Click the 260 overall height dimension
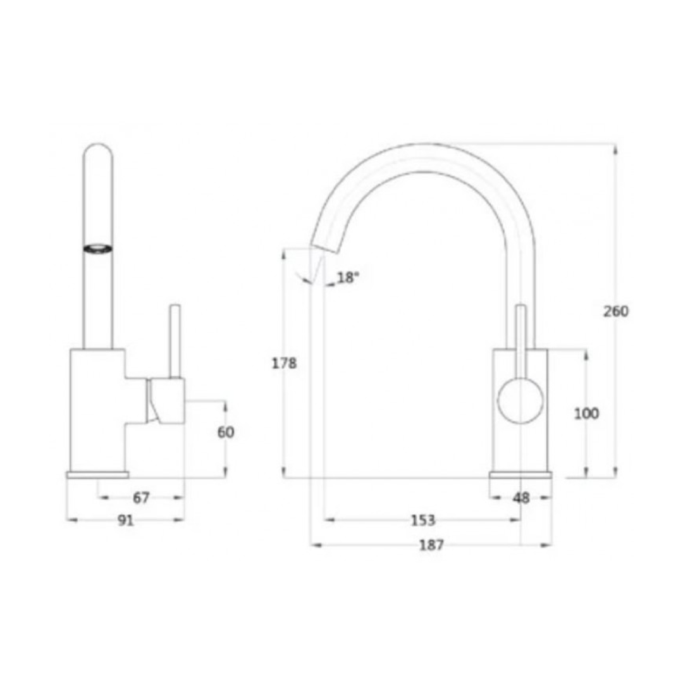click(615, 311)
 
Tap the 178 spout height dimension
click(284, 364)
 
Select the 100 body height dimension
click(586, 414)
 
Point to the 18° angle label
click(348, 278)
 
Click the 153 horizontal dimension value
click(422, 520)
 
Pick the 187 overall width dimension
click(431, 545)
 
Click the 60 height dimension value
click(225, 433)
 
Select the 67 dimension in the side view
click(141, 498)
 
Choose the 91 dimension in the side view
click(126, 520)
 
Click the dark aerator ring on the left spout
click(98, 249)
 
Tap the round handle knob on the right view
click(520, 401)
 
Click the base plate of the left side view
click(97, 475)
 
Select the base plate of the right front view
click(520, 475)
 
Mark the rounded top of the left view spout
click(98, 152)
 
